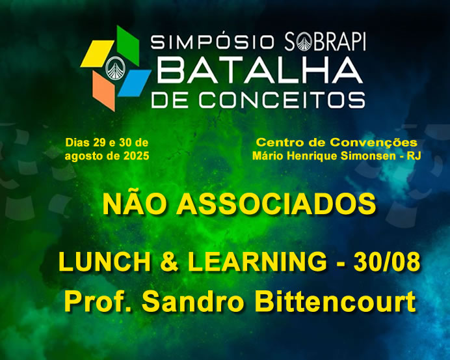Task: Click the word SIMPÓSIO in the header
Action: [212, 42]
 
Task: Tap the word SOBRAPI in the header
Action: [325, 42]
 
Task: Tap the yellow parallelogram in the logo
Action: [97, 54]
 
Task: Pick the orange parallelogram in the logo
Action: [104, 91]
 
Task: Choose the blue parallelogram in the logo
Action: [135, 83]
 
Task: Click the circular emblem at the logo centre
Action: [116, 68]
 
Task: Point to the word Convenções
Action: [374, 143]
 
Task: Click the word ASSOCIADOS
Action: [276, 204]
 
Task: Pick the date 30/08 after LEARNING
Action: [386, 262]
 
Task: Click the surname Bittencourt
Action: [335, 301]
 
